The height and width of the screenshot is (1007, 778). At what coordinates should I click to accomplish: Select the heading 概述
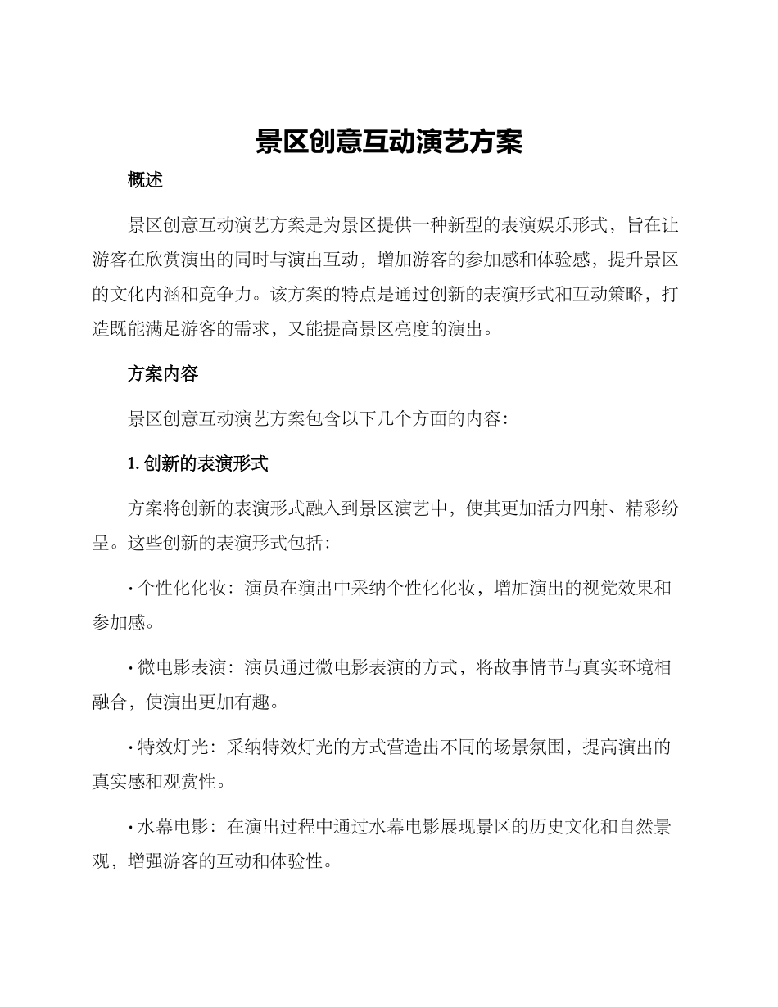(146, 181)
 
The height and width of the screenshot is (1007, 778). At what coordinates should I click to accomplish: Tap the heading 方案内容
(163, 374)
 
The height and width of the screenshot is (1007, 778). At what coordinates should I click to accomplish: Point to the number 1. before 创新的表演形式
(133, 464)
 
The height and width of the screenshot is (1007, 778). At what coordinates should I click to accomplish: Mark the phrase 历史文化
(525, 827)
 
